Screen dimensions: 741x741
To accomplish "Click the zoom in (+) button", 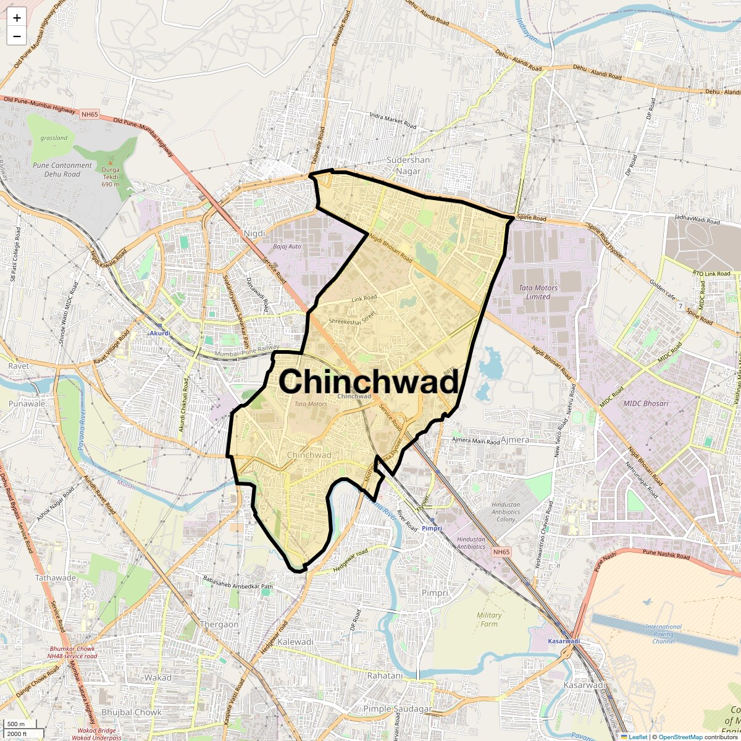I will click(17, 18).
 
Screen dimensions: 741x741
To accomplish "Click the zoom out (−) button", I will click(17, 36).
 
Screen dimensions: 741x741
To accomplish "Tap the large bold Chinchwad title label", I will click(369, 381).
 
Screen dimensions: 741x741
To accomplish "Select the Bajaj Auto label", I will click(287, 246).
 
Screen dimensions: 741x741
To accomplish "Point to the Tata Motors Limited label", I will click(538, 292).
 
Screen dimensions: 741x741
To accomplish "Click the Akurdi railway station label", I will click(159, 333).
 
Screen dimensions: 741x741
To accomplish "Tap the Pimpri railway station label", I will click(432, 529).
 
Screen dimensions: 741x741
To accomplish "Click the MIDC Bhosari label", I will click(646, 403).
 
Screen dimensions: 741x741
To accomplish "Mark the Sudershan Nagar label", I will click(408, 165).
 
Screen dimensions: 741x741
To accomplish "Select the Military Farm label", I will click(489, 619).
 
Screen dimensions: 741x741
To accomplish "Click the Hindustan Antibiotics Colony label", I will click(506, 512).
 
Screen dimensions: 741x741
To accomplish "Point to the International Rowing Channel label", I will click(663, 634).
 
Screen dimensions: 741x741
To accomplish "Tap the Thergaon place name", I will click(219, 624).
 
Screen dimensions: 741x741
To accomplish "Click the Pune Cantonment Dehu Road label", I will click(63, 170).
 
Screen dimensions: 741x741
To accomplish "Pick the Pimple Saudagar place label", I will click(397, 709).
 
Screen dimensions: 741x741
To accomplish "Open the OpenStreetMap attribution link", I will click(680, 737).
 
